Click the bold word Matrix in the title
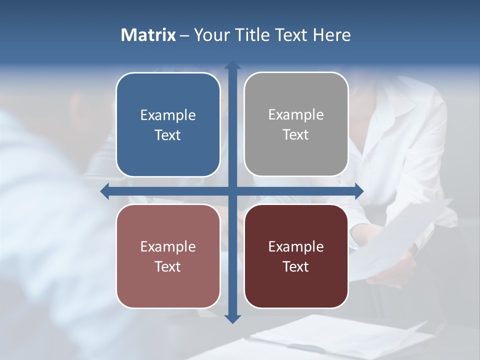[x=148, y=35]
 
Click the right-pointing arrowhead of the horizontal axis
[x=359, y=191]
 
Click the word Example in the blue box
[x=168, y=115]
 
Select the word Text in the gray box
[x=296, y=135]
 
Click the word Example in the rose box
[x=168, y=247]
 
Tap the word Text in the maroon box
[x=296, y=267]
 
